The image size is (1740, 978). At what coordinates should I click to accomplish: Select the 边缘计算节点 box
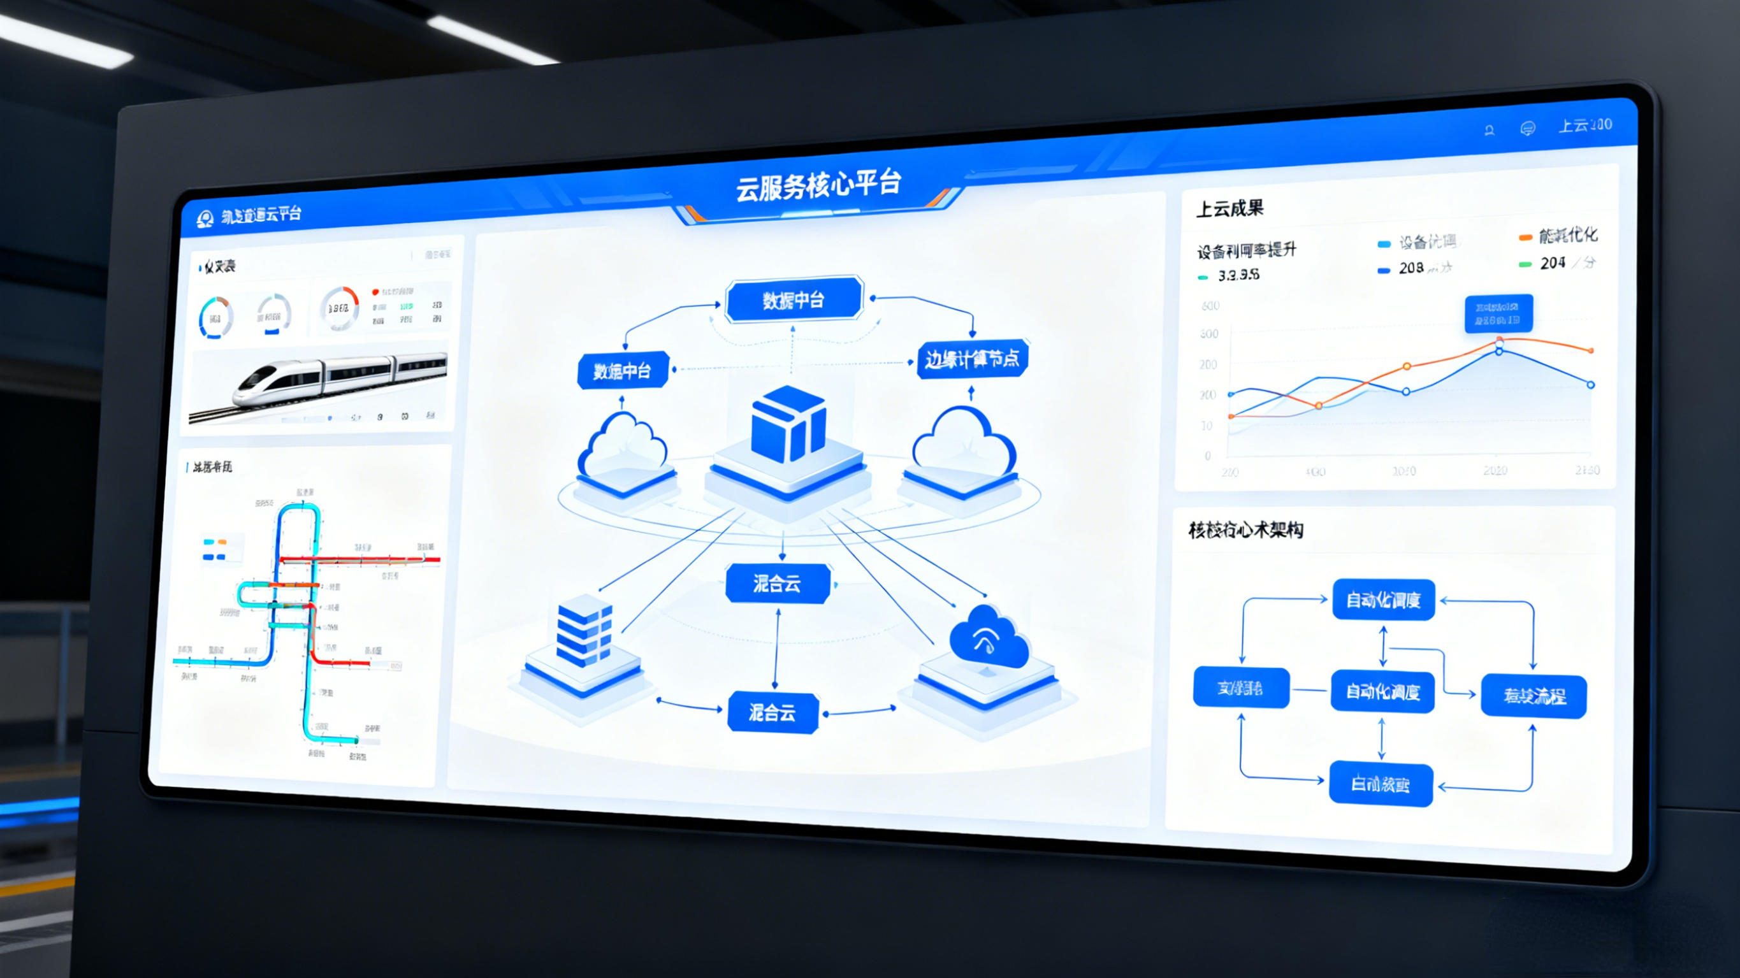pyautogui.click(x=972, y=359)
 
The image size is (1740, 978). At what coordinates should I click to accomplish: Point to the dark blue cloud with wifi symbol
pyautogui.click(x=988, y=636)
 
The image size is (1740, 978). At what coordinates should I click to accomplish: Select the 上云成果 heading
pyautogui.click(x=1229, y=209)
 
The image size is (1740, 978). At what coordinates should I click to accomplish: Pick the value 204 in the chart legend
pyautogui.click(x=1552, y=262)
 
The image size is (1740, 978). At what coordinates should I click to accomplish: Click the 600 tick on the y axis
pyautogui.click(x=1210, y=306)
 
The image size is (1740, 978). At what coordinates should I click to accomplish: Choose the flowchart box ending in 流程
pyautogui.click(x=1533, y=696)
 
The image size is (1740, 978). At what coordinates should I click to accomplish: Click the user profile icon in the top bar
pyautogui.click(x=1489, y=131)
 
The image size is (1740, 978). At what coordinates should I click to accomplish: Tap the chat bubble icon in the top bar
pyautogui.click(x=1527, y=128)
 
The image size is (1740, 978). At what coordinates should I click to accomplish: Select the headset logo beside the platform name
pyautogui.click(x=205, y=219)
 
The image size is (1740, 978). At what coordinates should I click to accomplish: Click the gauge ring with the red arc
pyautogui.click(x=339, y=308)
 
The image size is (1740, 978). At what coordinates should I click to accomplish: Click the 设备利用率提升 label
pyautogui.click(x=1247, y=250)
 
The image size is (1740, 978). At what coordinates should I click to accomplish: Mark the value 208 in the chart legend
pyautogui.click(x=1411, y=268)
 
